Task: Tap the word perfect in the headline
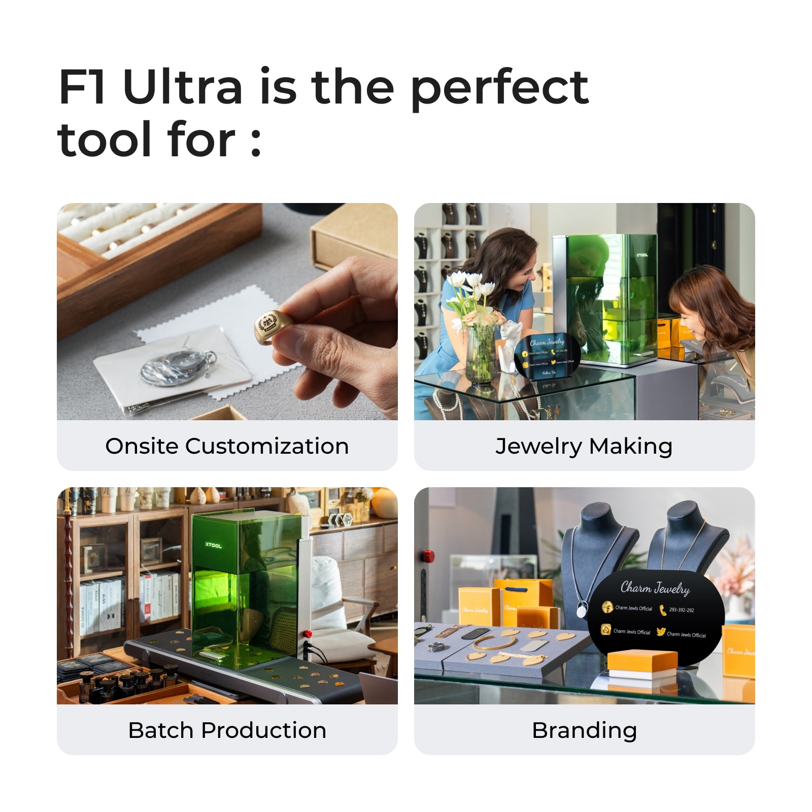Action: click(x=499, y=89)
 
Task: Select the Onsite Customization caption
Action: click(x=227, y=446)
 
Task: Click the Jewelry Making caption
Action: click(x=584, y=446)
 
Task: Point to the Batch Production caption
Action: click(x=227, y=730)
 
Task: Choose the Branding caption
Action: click(x=584, y=730)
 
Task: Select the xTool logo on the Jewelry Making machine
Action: click(x=642, y=255)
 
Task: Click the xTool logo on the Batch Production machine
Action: click(x=213, y=546)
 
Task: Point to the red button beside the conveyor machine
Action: click(x=308, y=634)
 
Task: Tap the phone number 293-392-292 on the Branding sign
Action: click(x=681, y=610)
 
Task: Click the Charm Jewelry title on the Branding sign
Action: click(x=655, y=588)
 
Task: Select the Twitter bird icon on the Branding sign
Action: click(x=661, y=632)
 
